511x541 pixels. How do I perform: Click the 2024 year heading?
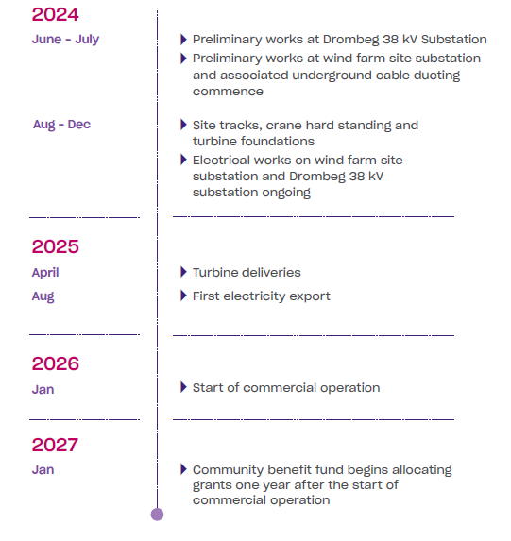pos(55,14)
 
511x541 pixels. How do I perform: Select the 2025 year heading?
pos(55,246)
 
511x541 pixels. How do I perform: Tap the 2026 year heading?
pos(55,363)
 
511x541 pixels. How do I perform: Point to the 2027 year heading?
pos(55,445)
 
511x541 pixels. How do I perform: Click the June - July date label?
pos(65,40)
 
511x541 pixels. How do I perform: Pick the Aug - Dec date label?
pos(61,125)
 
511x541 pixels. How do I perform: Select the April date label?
pos(45,273)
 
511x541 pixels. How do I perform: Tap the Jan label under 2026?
pos(43,390)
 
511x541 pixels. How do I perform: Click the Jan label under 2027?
pos(43,470)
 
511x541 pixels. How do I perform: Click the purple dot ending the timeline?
pos(157,515)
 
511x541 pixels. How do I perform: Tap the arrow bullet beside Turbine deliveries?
pos(183,272)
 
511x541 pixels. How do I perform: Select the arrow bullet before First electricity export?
pos(183,296)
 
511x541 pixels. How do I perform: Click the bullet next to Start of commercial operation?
pos(183,387)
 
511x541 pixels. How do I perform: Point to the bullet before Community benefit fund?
pos(183,469)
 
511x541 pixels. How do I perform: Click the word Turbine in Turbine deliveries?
pos(217,273)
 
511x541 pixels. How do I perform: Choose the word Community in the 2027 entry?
pos(228,470)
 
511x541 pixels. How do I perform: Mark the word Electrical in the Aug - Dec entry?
pos(221,161)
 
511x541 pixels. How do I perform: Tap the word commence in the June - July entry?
pos(228,92)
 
